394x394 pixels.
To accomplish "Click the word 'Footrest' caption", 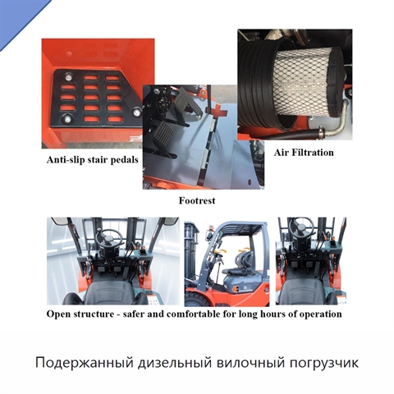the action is tap(197, 200).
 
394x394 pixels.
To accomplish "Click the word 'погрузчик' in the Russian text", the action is tap(323, 363).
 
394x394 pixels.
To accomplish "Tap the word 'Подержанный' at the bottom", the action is tap(82, 363).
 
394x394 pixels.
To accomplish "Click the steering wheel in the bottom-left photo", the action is tap(110, 237).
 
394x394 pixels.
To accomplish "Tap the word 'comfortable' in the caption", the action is tap(194, 314).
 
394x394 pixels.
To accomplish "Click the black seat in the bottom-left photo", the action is tap(110, 293).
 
